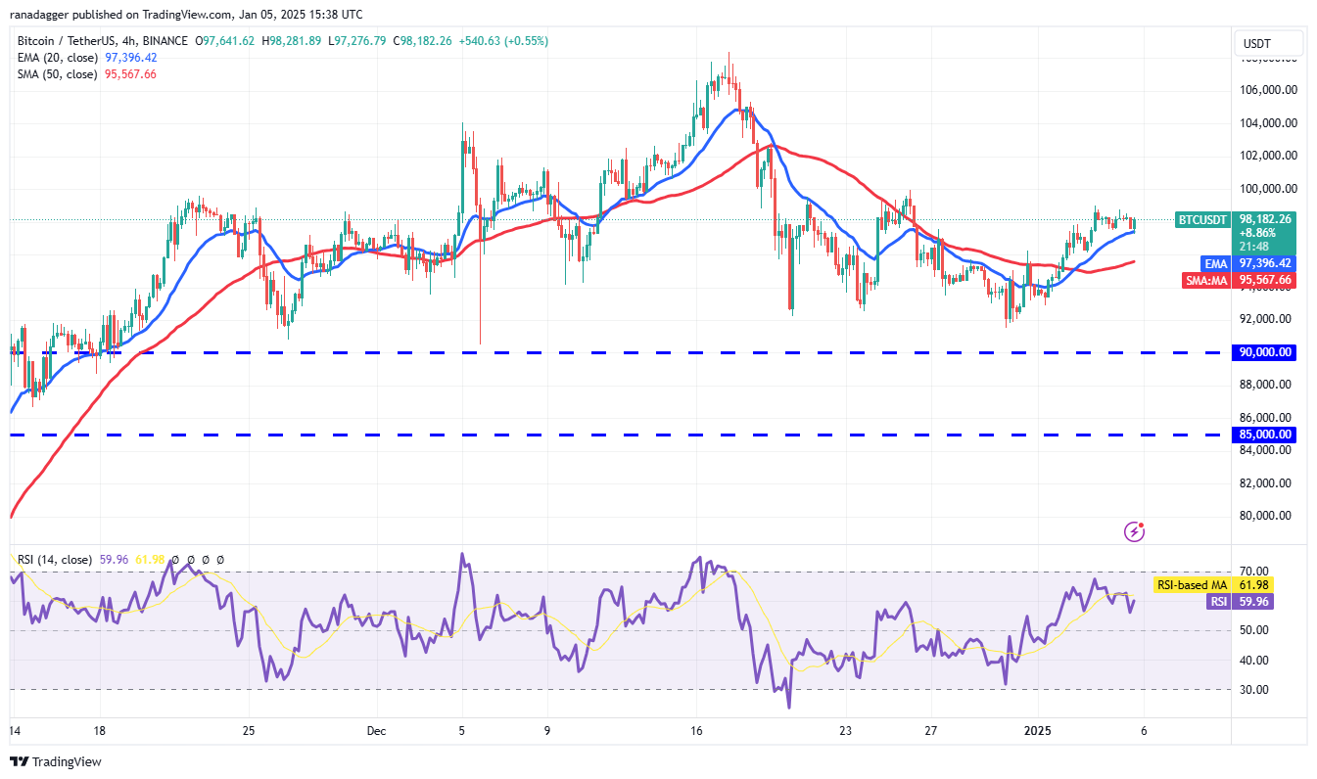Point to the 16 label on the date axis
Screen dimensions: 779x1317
696,731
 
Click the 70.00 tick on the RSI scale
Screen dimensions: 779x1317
1254,571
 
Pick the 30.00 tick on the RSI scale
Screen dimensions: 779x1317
1254,689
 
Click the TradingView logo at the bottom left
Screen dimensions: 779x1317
56,761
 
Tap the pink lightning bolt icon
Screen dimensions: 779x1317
1135,531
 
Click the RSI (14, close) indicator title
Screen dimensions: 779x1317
55,560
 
